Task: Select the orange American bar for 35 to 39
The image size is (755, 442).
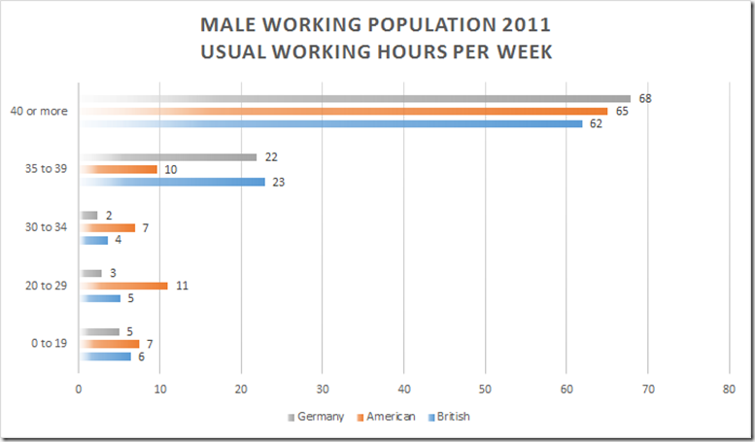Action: (118, 169)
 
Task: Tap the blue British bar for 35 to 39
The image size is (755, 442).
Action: (172, 182)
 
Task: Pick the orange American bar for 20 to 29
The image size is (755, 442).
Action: (123, 286)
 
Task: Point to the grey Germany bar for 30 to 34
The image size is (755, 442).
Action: (88, 216)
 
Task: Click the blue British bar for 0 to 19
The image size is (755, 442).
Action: (105, 357)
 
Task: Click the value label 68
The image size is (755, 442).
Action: (644, 98)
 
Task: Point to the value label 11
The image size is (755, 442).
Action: (182, 286)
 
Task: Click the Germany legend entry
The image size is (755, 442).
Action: (317, 417)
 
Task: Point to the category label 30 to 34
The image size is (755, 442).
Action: (47, 227)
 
